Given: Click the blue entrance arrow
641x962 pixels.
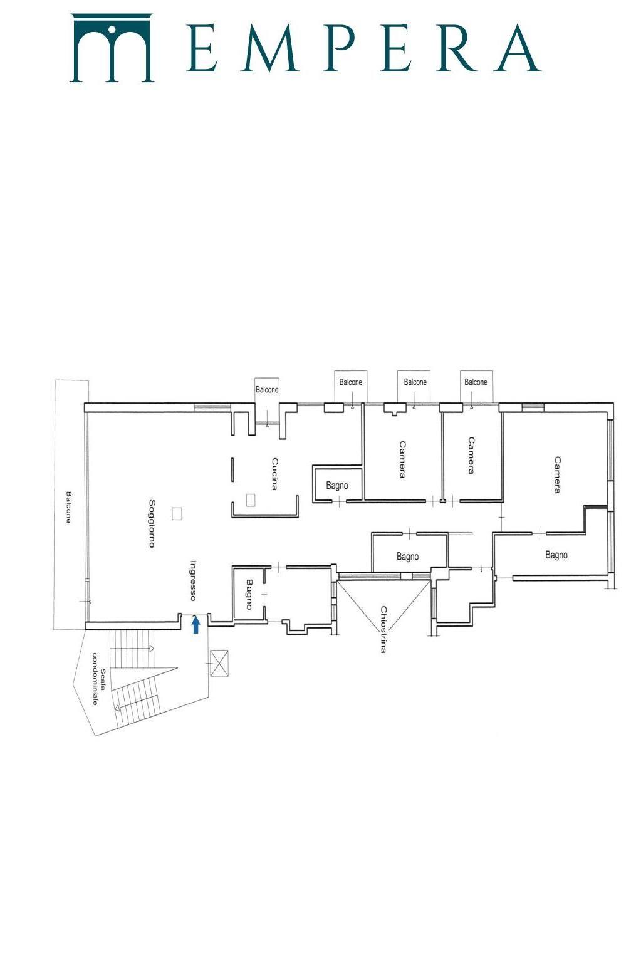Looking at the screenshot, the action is point(195,625).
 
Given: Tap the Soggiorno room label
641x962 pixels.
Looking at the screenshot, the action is point(152,523).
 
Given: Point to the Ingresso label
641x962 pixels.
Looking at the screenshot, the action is point(193,580).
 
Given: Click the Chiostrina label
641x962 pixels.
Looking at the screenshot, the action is point(383,630).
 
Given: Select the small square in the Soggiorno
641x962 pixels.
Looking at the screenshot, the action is point(177,514).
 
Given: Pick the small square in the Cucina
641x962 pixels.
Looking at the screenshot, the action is point(251,500).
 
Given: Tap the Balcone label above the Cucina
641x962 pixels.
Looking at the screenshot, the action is point(267,390).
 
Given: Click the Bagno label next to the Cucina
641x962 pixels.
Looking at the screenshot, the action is point(337,486).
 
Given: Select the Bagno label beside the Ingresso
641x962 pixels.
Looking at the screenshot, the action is point(249,594).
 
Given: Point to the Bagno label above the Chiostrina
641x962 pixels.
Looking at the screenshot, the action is point(407,557).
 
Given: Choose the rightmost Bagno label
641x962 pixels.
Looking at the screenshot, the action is point(556,555).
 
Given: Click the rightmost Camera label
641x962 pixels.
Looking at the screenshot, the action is point(557,475).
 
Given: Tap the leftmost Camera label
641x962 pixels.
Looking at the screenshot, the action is point(402,459).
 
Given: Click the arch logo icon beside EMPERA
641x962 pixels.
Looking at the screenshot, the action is point(112,48).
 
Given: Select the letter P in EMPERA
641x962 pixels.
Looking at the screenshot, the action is point(343,48).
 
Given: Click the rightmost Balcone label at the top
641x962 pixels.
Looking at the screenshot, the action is point(476,382).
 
